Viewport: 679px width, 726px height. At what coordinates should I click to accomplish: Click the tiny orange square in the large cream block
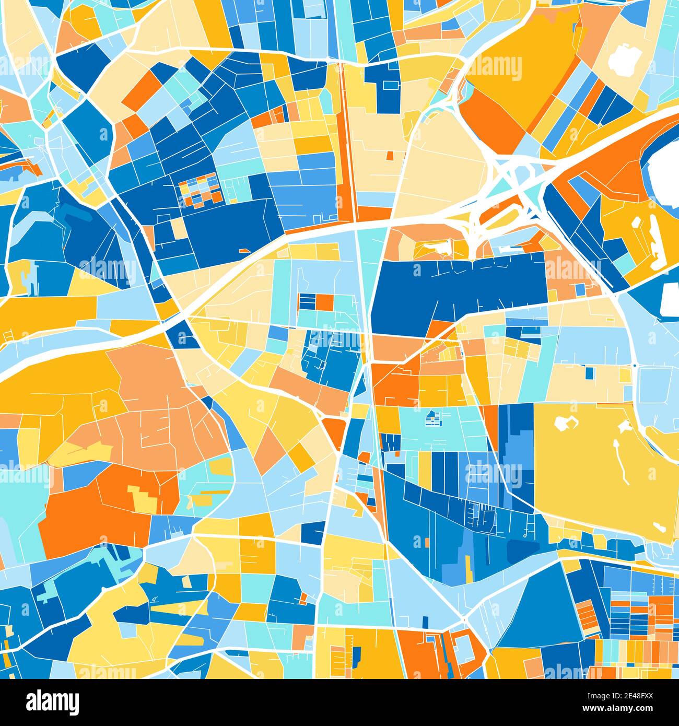pos(390,155)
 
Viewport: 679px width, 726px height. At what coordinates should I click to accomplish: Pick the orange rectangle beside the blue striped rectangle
pos(324,302)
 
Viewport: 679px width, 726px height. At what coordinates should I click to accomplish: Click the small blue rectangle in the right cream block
pos(589,373)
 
